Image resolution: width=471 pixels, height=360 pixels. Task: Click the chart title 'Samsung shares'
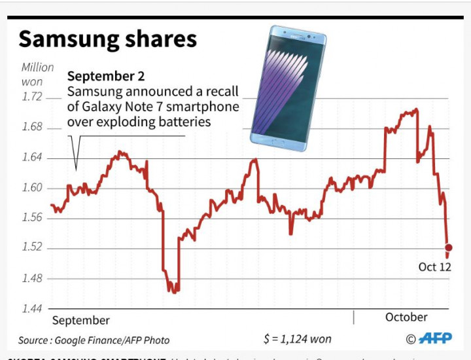coord(107,39)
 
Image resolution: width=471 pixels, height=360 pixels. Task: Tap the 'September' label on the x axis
coord(80,320)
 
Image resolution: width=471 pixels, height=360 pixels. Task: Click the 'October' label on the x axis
coord(406,317)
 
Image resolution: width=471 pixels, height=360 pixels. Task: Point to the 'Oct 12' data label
coord(434,267)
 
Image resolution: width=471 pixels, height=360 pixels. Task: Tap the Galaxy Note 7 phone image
coord(288,88)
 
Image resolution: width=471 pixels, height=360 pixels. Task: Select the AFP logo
coord(434,338)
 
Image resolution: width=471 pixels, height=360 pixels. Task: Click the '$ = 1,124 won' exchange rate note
coord(296,339)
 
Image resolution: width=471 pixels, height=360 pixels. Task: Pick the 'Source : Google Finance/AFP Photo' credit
coord(94,340)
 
